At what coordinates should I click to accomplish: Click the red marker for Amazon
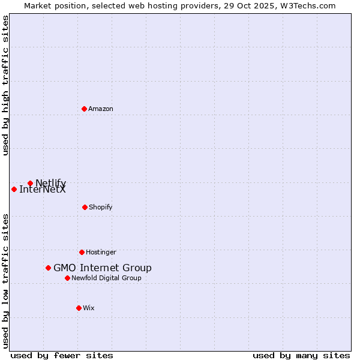point(84,109)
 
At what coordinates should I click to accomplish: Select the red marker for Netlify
point(30,183)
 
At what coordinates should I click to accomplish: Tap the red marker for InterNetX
point(14,189)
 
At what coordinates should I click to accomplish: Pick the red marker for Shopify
point(85,207)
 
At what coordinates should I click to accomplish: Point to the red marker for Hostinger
point(82,252)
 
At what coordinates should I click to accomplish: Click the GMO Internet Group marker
point(48,268)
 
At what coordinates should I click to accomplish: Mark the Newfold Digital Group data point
point(67,278)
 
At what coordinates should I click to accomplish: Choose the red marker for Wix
point(79,308)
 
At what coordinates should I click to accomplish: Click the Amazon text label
point(101,109)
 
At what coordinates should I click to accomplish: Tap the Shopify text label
point(101,207)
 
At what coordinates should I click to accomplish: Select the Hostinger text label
point(101,252)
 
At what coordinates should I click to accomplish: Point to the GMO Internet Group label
point(103,268)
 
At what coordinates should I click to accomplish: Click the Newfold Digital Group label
point(107,278)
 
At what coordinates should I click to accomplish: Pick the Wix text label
point(89,308)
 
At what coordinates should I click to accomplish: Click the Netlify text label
point(51,182)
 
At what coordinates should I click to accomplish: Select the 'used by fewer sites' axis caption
point(62,355)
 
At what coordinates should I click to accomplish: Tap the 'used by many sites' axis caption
point(301,355)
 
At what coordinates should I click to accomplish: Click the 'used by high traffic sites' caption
point(5,85)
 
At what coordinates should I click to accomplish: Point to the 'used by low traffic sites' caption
point(5,280)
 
